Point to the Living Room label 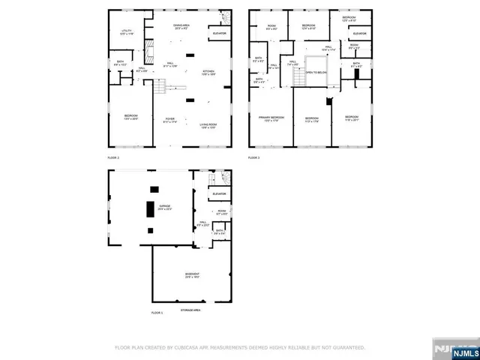(208, 126)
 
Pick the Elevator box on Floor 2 (220, 34)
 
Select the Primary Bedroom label (271, 118)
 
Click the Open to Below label (317, 73)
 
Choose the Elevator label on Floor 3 (359, 34)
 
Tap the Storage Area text (190, 309)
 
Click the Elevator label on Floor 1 (220, 194)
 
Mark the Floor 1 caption (157, 312)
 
